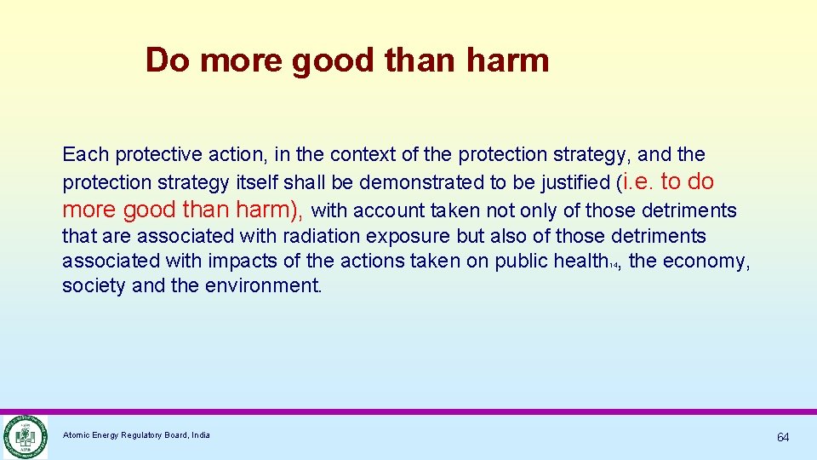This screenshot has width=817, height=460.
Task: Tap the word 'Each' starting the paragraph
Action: pyautogui.click(x=86, y=154)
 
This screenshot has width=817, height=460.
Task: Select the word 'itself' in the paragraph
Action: pyautogui.click(x=256, y=182)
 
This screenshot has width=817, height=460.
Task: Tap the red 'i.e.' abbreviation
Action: pyautogui.click(x=637, y=181)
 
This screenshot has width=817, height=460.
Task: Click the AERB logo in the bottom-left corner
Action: pyautogui.click(x=24, y=436)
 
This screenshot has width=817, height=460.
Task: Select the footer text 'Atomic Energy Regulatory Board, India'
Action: pyautogui.click(x=136, y=435)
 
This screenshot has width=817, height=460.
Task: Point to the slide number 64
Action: pyautogui.click(x=782, y=437)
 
